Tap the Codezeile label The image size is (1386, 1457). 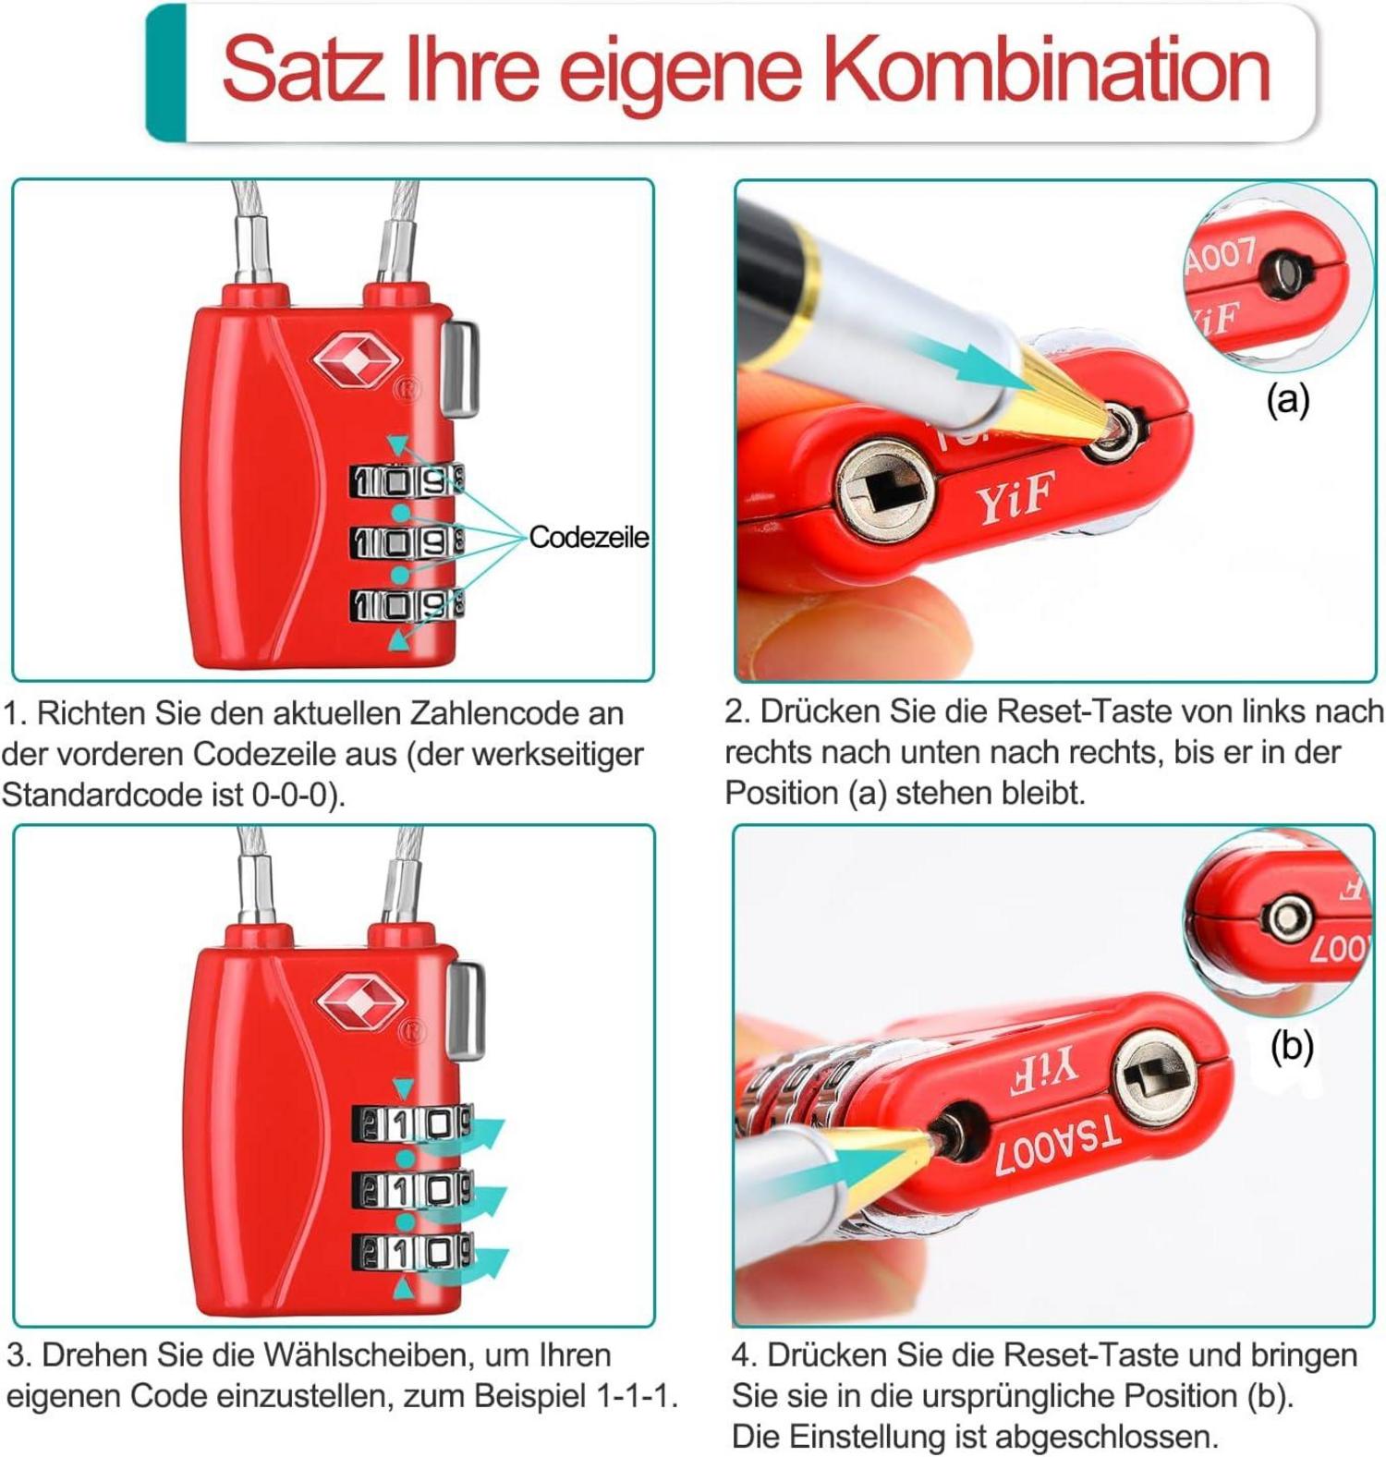point(589,537)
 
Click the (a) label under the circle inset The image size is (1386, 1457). point(1288,399)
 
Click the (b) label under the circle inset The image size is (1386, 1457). point(1291,1046)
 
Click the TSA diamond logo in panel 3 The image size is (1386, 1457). point(360,1002)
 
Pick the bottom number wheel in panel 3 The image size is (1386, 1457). point(411,1252)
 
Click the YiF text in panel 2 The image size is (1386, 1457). point(1013,500)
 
